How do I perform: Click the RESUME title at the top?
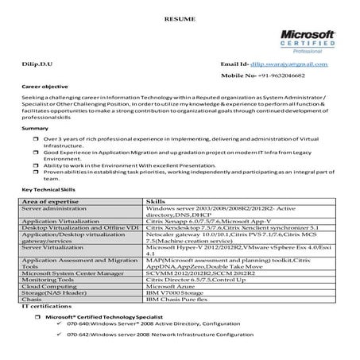tap(180, 16)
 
